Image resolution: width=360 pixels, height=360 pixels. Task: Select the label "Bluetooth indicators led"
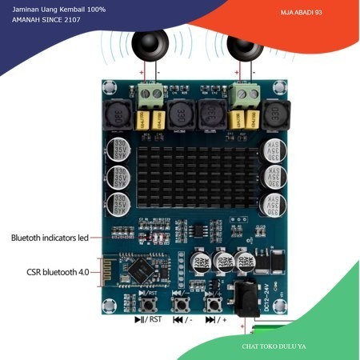50,238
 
